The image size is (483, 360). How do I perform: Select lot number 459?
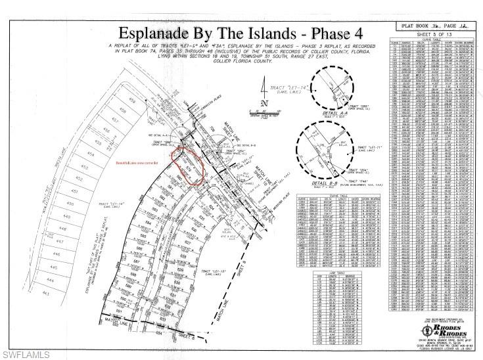pos(135,100)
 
